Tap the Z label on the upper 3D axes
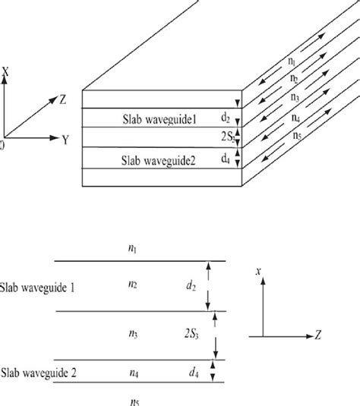pos(61,99)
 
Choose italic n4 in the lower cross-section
pos(134,372)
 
